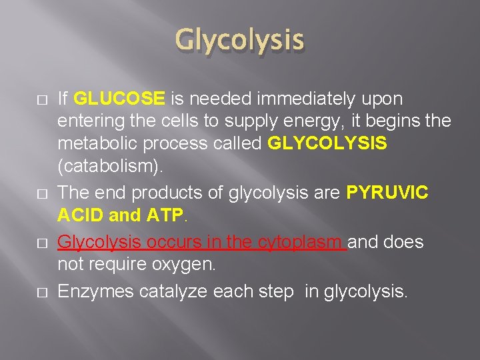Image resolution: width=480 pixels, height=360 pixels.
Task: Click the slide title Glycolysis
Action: coord(240,41)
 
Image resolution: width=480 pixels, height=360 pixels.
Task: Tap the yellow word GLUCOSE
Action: coord(119,99)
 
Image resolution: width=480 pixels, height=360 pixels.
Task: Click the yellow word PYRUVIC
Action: coord(387,193)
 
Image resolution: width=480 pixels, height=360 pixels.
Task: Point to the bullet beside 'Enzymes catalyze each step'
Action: coord(42,291)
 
